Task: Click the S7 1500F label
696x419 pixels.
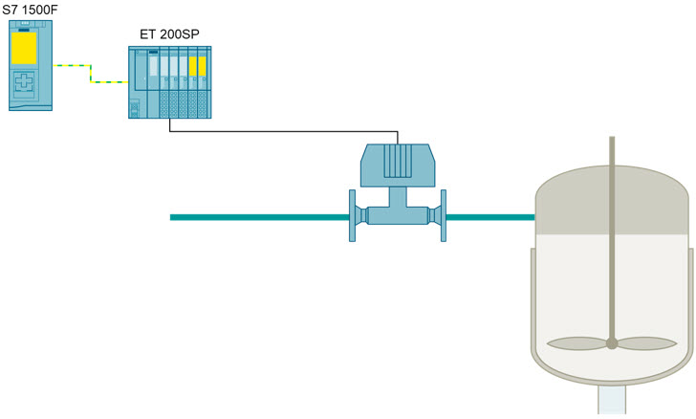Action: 30,10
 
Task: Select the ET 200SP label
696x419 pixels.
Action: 169,34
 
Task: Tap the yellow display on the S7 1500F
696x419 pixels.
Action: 24,48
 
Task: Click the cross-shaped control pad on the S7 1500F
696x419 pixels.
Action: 24,81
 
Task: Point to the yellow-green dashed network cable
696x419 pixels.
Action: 91,74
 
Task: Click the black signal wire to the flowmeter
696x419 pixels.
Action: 284,131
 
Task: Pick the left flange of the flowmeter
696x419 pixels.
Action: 352,215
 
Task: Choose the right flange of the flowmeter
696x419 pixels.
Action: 443,215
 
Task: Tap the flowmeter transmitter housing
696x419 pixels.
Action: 398,165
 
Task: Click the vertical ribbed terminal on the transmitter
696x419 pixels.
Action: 398,161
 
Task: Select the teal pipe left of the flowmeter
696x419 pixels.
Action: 260,217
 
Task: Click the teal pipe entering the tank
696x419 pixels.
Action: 490,217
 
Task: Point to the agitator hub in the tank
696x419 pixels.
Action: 612,343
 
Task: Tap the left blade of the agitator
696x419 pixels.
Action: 576,343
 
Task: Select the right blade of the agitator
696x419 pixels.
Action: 647,343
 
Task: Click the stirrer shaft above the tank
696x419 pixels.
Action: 612,151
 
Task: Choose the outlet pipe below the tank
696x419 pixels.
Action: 612,400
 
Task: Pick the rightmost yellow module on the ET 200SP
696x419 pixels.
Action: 203,67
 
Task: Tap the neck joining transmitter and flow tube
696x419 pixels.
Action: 398,197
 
